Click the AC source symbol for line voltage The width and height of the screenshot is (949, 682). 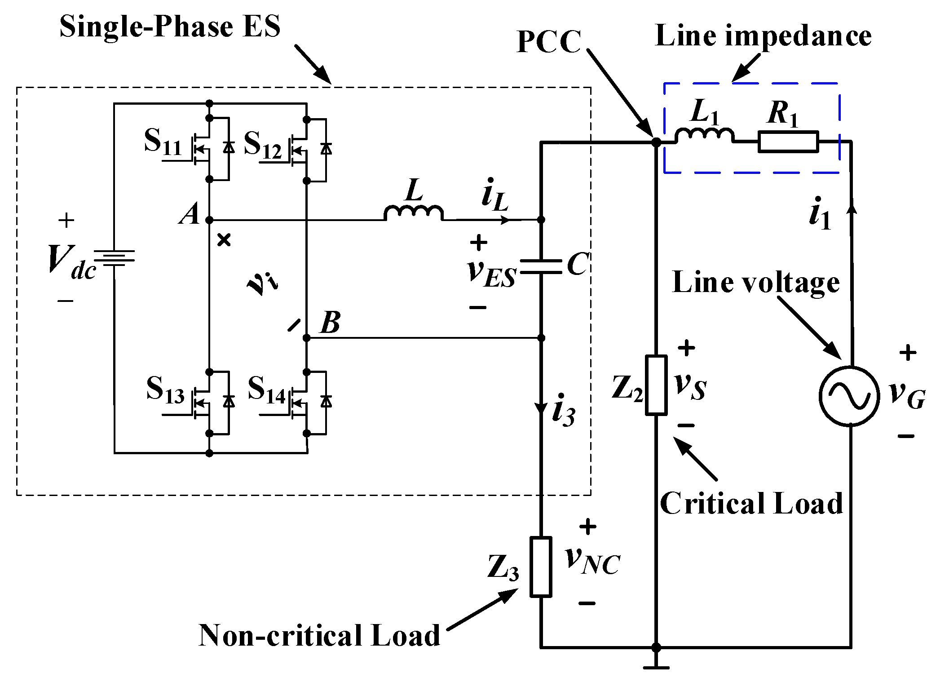pos(849,396)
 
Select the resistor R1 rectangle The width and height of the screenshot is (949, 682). pos(788,142)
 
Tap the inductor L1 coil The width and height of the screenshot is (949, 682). pos(704,135)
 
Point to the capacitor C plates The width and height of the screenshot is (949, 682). pos(541,266)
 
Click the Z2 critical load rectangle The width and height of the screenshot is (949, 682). pos(656,385)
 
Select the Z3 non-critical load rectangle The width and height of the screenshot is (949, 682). pos(541,567)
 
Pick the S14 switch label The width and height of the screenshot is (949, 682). pos(267,390)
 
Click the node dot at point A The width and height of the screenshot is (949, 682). pos(209,220)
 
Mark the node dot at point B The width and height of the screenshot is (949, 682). pos(307,338)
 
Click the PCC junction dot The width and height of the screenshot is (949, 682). pos(656,142)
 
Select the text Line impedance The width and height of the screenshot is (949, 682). pos(764,35)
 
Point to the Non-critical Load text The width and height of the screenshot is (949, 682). pos(319,635)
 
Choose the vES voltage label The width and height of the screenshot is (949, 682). pos(492,274)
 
